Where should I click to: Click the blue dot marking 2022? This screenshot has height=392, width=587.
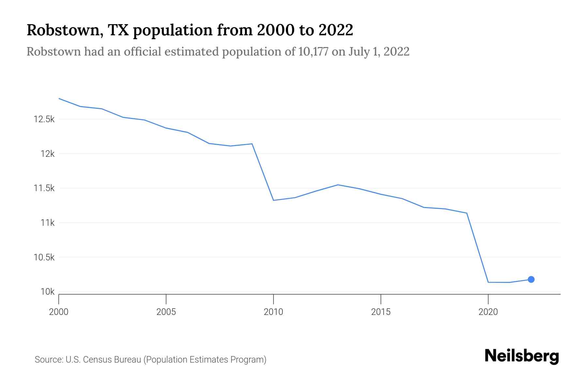[x=531, y=279]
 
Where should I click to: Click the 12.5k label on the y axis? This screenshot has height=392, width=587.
[x=44, y=119]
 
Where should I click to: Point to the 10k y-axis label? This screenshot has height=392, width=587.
[x=47, y=292]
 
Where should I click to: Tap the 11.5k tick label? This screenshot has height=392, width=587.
[x=44, y=188]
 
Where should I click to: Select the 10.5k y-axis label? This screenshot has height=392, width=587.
[x=44, y=257]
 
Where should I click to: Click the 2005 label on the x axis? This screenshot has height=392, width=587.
[x=166, y=312]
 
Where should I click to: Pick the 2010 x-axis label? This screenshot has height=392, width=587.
[x=273, y=312]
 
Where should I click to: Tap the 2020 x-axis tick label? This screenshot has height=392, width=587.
[x=488, y=312]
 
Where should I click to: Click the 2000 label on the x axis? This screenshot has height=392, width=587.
[x=59, y=312]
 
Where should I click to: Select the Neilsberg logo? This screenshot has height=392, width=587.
[x=522, y=356]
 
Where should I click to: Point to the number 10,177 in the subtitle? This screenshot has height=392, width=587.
[x=313, y=52]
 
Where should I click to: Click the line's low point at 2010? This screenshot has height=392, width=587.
[x=273, y=200]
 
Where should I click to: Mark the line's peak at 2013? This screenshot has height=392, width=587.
[x=338, y=185]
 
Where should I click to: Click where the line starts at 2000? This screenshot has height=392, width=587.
[x=59, y=98]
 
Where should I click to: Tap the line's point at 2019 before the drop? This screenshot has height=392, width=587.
[x=467, y=213]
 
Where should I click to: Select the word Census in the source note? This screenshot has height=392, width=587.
[x=96, y=360]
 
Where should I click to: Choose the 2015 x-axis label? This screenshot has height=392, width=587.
[x=381, y=312]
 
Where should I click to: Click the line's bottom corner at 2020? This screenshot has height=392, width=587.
[x=488, y=282]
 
